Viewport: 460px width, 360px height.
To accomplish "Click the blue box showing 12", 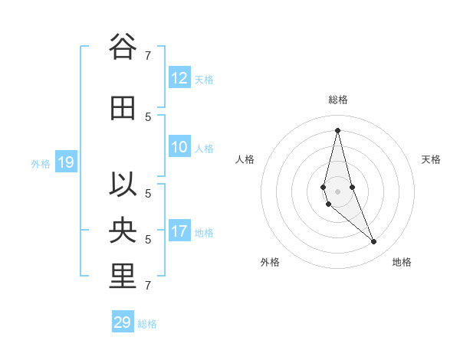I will [179, 78].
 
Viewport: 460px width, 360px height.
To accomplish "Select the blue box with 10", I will [179, 148].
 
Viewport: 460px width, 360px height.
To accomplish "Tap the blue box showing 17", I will [179, 231].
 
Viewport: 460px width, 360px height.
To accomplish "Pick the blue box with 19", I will [66, 162].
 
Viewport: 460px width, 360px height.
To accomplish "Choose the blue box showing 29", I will [123, 322].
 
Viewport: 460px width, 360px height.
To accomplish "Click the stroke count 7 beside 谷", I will [148, 55].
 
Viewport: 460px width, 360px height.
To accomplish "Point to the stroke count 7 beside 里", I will [148, 286].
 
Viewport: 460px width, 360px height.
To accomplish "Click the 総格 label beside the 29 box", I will [147, 324].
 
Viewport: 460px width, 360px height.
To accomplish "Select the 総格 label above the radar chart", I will [338, 100].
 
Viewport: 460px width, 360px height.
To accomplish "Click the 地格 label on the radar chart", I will [402, 262].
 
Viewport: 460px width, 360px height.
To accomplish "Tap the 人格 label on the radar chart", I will [245, 159].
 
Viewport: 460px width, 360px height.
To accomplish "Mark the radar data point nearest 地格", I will [373, 241].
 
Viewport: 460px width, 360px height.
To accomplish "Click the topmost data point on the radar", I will [337, 130].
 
